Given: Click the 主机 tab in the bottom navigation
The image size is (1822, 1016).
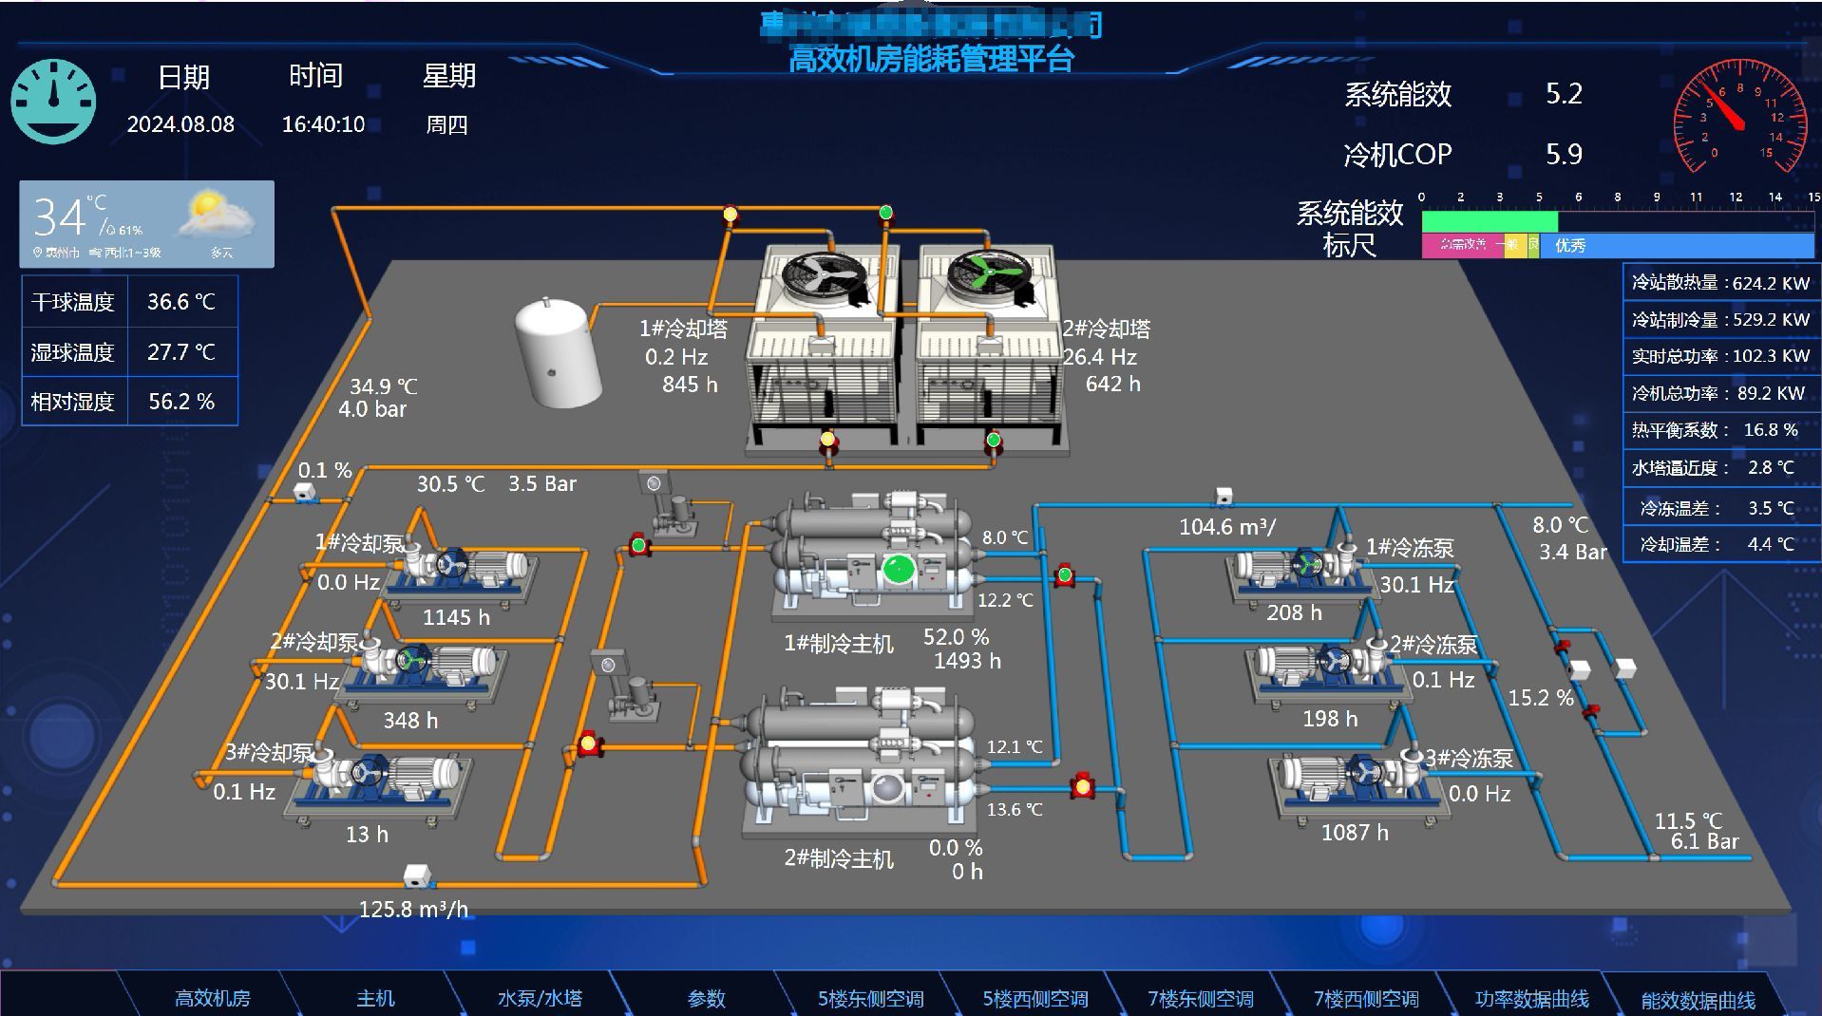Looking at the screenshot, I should coord(375,998).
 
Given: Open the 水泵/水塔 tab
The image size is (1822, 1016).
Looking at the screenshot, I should coord(540,998).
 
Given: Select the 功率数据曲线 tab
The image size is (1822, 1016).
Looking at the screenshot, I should coord(1531,999).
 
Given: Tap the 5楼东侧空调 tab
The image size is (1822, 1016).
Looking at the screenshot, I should coord(870,999).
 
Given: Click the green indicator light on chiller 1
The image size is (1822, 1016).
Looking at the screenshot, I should coord(898,569).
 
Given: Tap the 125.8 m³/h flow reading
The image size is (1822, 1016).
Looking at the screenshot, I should coord(413,909).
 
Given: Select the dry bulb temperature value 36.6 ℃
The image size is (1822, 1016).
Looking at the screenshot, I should coord(180,302).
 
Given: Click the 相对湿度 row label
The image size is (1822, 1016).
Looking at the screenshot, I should coord(73,402).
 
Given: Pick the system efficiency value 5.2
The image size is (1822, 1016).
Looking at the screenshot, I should coord(1564,94).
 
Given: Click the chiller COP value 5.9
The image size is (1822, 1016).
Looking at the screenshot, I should coord(1564,154).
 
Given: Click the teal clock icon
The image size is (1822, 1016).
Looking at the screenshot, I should coord(53,102).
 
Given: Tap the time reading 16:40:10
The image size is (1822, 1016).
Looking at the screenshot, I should coord(323,124).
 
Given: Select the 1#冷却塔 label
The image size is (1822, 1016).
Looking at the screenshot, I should coord(683,329).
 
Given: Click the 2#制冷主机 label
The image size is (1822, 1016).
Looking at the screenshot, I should coord(838,858).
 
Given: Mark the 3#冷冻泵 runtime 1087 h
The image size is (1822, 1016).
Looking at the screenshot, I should coord(1355,833).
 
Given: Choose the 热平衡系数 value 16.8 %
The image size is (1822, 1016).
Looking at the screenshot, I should coord(1770,430).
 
